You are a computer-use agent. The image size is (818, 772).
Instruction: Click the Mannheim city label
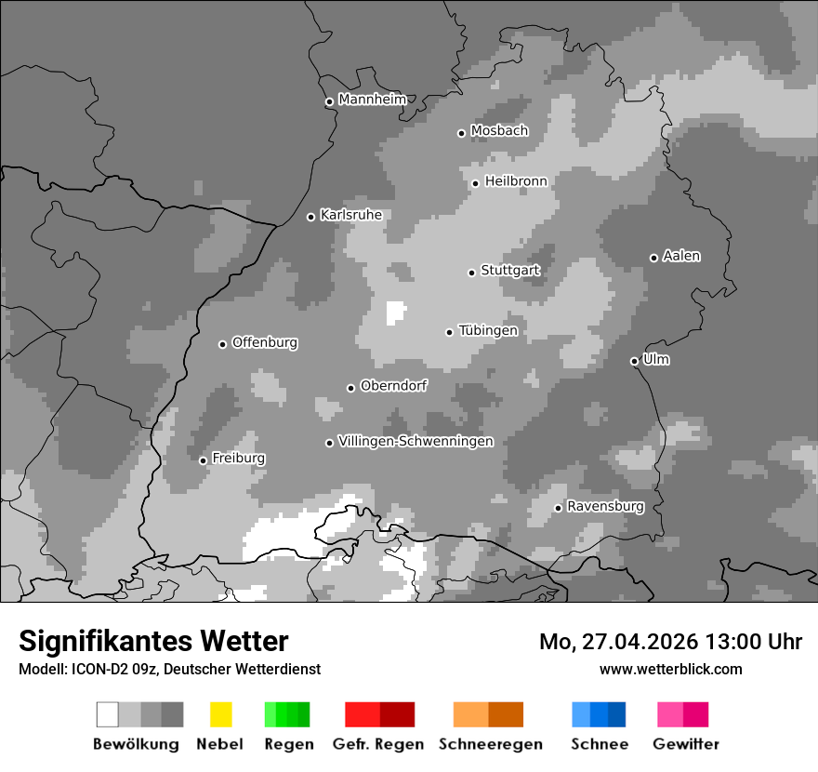pos(373,100)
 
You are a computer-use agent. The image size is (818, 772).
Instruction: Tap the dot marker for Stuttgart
pos(471,273)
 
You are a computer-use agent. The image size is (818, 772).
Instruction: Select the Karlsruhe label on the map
pos(350,215)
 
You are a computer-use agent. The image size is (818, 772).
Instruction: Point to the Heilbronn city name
pos(516,181)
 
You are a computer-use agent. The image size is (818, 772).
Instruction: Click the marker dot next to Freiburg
pos(203,460)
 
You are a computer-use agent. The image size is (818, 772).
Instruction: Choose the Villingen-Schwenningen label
pos(416,441)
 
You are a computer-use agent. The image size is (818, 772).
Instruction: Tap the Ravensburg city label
pos(605,506)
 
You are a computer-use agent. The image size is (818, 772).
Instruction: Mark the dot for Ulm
pos(634,361)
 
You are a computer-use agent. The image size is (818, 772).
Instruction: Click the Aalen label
pos(681,256)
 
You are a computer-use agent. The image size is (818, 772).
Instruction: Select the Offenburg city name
pos(264,342)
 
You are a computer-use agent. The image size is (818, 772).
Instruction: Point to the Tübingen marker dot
pos(449,332)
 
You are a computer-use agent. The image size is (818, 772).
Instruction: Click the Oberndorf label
pos(393,386)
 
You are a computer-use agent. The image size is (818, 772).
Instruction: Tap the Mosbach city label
pos(499,131)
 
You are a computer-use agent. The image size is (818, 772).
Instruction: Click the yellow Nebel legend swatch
pos(220,714)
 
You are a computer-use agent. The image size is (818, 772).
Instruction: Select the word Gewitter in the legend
pos(685,744)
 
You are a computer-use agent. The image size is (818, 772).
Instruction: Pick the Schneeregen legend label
pos(490,744)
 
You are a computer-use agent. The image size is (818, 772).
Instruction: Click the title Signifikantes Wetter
pos(153,641)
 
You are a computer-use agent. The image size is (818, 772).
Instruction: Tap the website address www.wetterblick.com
pos(670,669)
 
